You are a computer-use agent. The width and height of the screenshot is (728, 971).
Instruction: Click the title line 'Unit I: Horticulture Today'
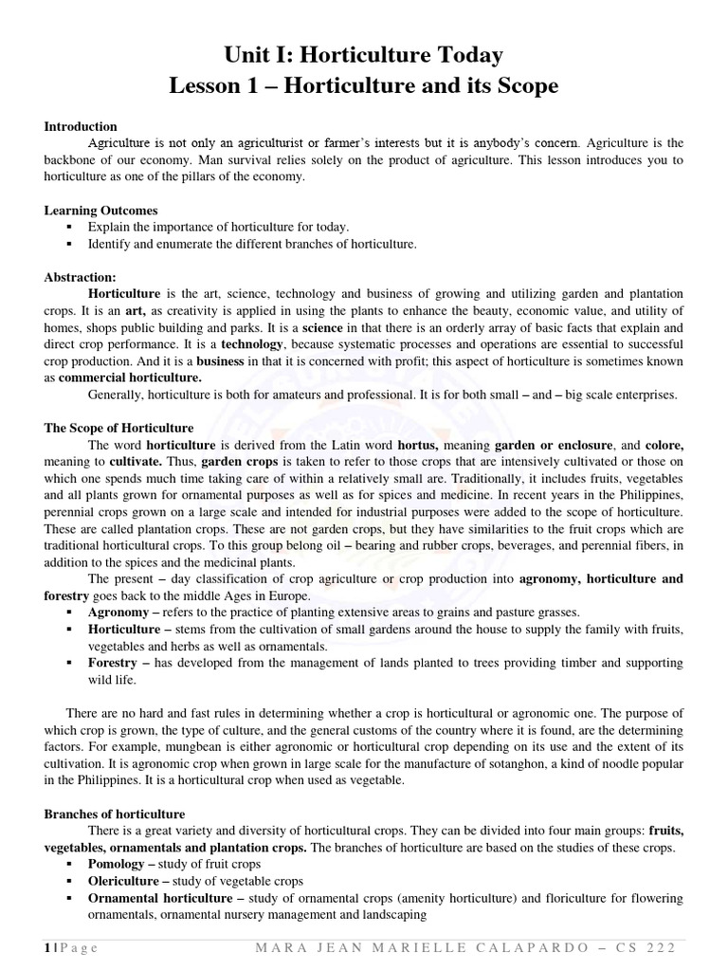[x=364, y=55]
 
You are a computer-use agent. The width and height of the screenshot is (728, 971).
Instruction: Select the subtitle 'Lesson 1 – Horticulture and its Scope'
[x=364, y=86]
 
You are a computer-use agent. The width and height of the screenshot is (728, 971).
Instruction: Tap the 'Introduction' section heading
[x=82, y=127]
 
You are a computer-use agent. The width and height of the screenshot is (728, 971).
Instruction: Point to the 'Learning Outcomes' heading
[x=101, y=211]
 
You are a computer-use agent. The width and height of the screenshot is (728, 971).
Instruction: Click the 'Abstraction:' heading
[x=81, y=278]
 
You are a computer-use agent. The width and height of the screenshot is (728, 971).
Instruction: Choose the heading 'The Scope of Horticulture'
[x=119, y=429]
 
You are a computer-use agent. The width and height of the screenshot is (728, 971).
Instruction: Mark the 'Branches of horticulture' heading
[x=116, y=814]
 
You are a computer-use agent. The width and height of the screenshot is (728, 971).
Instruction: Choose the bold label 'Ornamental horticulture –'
[x=167, y=898]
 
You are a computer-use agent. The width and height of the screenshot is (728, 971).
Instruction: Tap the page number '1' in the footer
[x=46, y=951]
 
